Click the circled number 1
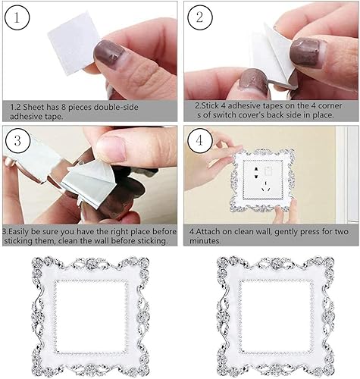coord(17,17)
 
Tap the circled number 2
coord(199,17)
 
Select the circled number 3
coord(17,140)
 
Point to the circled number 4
coord(199,140)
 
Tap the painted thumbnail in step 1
coord(108,52)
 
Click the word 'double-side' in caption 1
coord(116,107)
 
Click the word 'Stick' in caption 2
coord(208,105)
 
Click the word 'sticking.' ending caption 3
coord(152,241)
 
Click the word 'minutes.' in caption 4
coord(205,241)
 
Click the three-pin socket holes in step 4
coord(265,186)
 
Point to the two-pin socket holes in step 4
coord(256,173)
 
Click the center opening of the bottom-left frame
coord(90,317)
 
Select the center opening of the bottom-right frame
coord(276,316)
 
